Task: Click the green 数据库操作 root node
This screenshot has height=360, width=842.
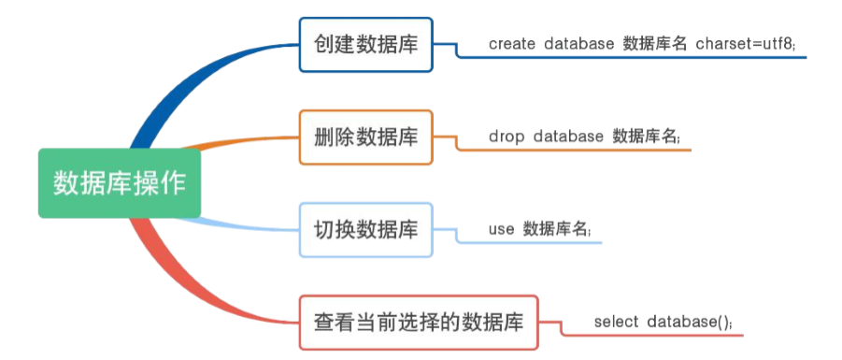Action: tap(119, 182)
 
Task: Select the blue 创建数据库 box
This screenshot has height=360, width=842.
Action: tap(366, 44)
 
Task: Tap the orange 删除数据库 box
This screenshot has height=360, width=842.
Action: tap(366, 137)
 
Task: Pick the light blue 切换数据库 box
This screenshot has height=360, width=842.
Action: tap(366, 229)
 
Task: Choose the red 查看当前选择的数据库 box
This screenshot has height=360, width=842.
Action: tap(425, 322)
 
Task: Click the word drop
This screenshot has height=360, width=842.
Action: tap(506, 137)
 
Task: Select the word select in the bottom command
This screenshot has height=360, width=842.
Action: tap(615, 322)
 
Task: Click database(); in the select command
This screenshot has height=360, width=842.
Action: tap(690, 322)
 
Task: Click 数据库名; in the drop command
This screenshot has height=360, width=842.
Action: tap(646, 137)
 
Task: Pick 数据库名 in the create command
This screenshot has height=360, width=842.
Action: tap(654, 44)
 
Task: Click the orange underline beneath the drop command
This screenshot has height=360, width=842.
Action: tap(579, 150)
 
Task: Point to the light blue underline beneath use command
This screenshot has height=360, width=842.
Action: tap(533, 242)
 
